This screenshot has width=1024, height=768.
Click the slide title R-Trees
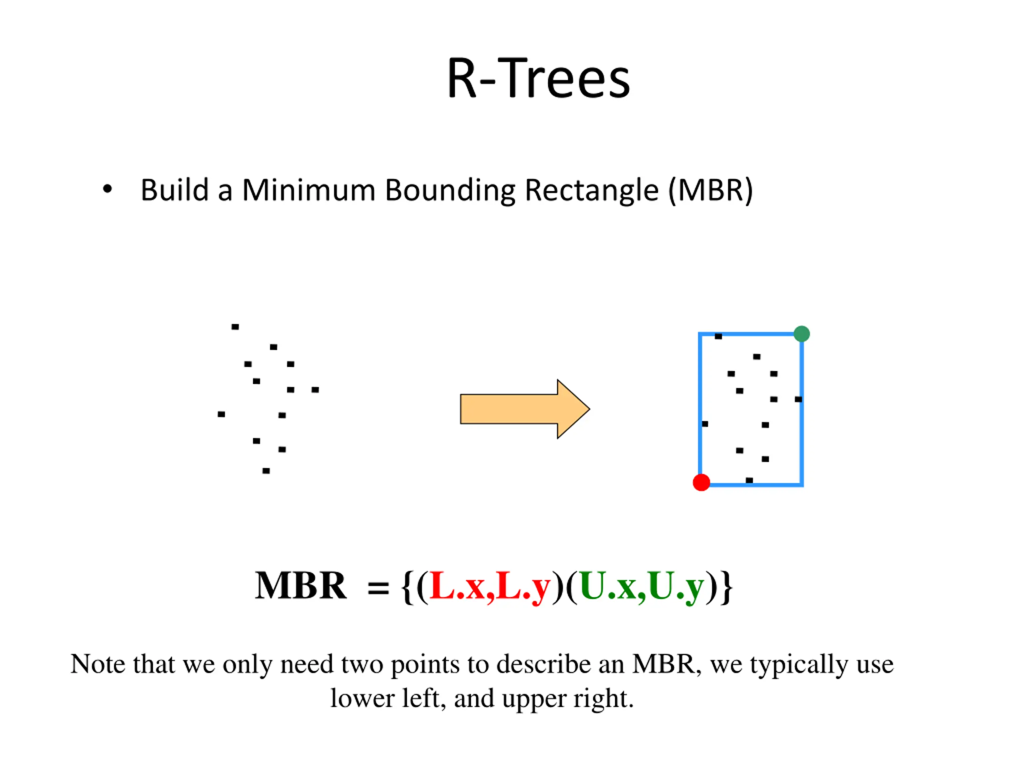538,79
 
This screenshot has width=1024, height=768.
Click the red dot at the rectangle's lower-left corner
701,482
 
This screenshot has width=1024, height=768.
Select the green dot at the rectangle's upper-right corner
802,334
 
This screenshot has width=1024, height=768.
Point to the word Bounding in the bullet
450,191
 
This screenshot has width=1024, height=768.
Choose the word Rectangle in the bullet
591,191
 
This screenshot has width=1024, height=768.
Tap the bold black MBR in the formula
300,586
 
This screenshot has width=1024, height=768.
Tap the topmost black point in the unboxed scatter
235,327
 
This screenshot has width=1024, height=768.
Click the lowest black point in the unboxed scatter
266,471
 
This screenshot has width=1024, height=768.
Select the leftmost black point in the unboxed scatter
221,414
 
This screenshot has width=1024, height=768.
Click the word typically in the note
800,665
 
